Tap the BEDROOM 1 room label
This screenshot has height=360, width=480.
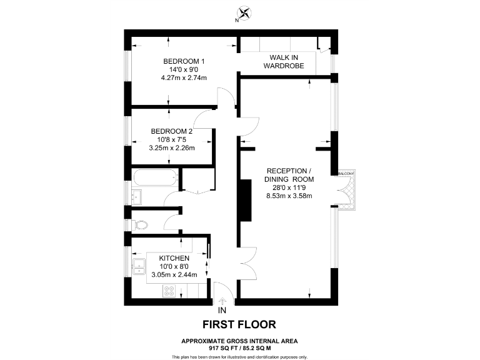(x=184, y=61)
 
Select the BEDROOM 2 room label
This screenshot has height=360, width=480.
(x=172, y=131)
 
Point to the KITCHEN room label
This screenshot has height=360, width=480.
(x=174, y=258)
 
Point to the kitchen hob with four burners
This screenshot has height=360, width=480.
(x=169, y=291)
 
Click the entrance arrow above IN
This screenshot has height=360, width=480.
(x=222, y=301)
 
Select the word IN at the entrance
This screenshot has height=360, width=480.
(x=222, y=310)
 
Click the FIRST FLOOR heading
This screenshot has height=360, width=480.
(x=239, y=324)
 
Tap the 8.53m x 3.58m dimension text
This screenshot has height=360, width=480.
(x=289, y=196)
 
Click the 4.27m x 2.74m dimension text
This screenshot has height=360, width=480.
(x=184, y=77)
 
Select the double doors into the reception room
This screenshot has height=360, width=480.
(x=247, y=257)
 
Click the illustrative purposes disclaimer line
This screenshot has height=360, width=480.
(x=239, y=356)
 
